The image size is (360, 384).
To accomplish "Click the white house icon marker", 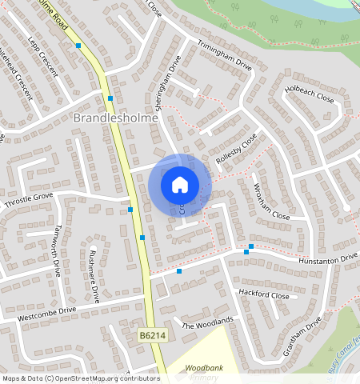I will coord(180,185).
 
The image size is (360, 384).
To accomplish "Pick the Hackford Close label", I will coord(264,294).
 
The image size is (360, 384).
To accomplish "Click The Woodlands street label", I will coord(207,323).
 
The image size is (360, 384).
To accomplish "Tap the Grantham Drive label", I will coord(302,336).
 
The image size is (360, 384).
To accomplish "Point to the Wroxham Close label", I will coord(271,205).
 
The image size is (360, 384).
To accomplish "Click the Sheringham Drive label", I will coord(164,82).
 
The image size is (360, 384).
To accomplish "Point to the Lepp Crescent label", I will coord(42,55).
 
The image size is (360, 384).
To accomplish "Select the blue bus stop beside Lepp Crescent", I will coord(78,46).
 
